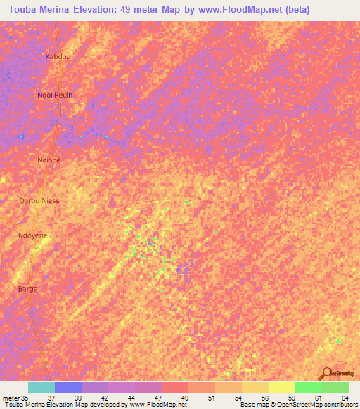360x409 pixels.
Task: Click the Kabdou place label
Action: [x=58, y=56]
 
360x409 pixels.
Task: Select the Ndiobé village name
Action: [x=49, y=160]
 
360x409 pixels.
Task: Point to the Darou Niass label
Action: [x=39, y=201]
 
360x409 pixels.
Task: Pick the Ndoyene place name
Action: [x=32, y=235]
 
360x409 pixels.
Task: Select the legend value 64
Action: [x=345, y=398]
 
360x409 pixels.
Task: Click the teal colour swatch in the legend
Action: [x=41, y=387]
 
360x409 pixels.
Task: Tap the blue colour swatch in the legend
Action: [x=68, y=387]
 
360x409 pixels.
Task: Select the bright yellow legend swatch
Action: [x=282, y=387]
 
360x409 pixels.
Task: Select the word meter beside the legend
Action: [x=11, y=398]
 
